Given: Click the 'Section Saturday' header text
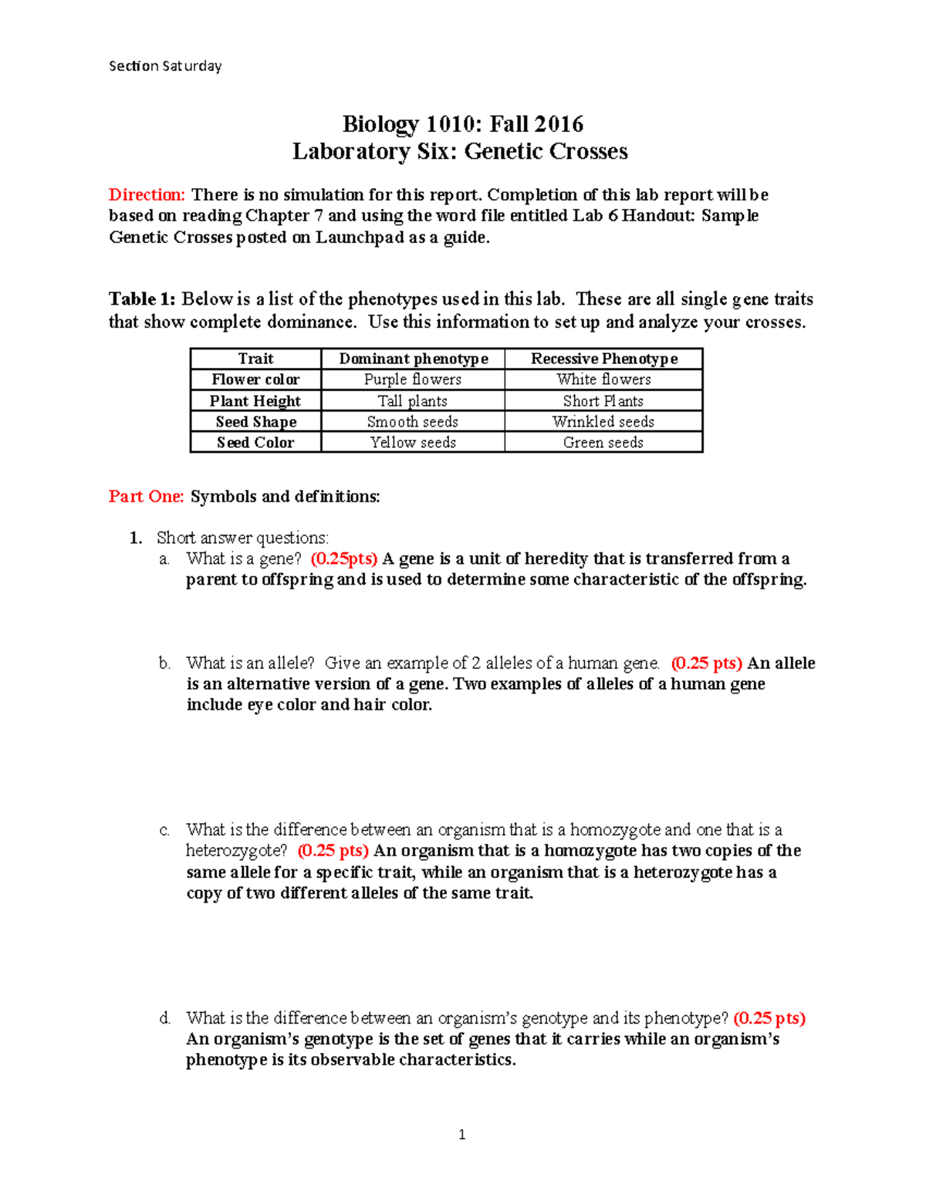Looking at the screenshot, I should [x=165, y=66].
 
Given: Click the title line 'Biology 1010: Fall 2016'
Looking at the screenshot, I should [x=462, y=124].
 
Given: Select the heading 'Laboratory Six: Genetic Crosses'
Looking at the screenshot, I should [x=460, y=151].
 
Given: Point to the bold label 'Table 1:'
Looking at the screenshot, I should [x=142, y=299].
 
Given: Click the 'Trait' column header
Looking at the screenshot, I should [x=255, y=359].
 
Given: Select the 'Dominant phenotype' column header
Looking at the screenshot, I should [x=413, y=359].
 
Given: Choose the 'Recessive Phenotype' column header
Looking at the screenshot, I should [x=603, y=359].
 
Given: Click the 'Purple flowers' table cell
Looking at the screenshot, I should [x=413, y=380].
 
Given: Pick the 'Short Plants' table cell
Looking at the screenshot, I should [x=603, y=401].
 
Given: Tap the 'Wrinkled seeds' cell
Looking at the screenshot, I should [x=603, y=422].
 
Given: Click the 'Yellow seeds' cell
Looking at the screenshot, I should [x=413, y=443].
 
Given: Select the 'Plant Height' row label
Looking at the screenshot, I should [x=255, y=401].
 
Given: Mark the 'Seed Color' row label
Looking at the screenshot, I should [x=255, y=443].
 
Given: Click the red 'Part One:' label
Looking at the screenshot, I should [x=146, y=496].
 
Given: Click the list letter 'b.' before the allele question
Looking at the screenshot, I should [x=164, y=663].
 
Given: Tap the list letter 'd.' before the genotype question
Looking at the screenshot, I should [x=164, y=1018].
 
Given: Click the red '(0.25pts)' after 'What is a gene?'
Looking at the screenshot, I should [x=343, y=559].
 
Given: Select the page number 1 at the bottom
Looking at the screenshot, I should [x=461, y=1135].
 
